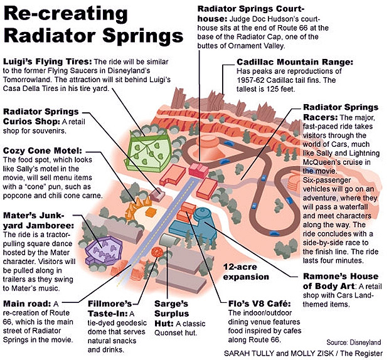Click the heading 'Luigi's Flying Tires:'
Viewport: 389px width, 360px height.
pos(48,61)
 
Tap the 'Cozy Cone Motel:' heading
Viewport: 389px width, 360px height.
pos(43,151)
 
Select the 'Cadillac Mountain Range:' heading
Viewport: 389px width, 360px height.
pos(295,61)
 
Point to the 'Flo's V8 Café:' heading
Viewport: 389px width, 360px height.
pos(260,304)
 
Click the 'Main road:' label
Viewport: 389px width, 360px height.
pos(27,304)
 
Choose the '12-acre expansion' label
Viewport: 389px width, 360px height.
pos(246,272)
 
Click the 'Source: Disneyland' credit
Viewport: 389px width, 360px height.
pos(353,342)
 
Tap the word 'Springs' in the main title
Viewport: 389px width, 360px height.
pos(143,36)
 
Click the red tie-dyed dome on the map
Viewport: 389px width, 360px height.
pos(157,251)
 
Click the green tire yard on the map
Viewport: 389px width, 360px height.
pos(147,151)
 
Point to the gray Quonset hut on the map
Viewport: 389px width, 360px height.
pos(169,240)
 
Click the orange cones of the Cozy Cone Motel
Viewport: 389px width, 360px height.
pos(138,207)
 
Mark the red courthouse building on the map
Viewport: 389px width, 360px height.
pos(198,169)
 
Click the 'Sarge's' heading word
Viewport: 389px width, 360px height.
pos(171,304)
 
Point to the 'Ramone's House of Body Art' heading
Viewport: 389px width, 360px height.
pos(340,281)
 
